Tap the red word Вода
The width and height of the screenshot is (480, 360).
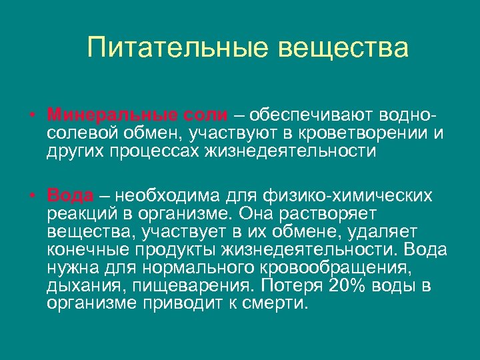[x=70, y=196]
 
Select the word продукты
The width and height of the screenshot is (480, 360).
[x=181, y=249]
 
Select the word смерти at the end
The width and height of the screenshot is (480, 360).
[x=273, y=304]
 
